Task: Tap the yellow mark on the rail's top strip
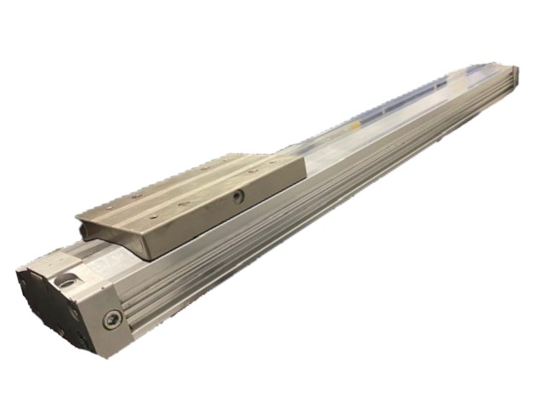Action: point(460,81)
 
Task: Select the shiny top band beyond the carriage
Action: point(383,119)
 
